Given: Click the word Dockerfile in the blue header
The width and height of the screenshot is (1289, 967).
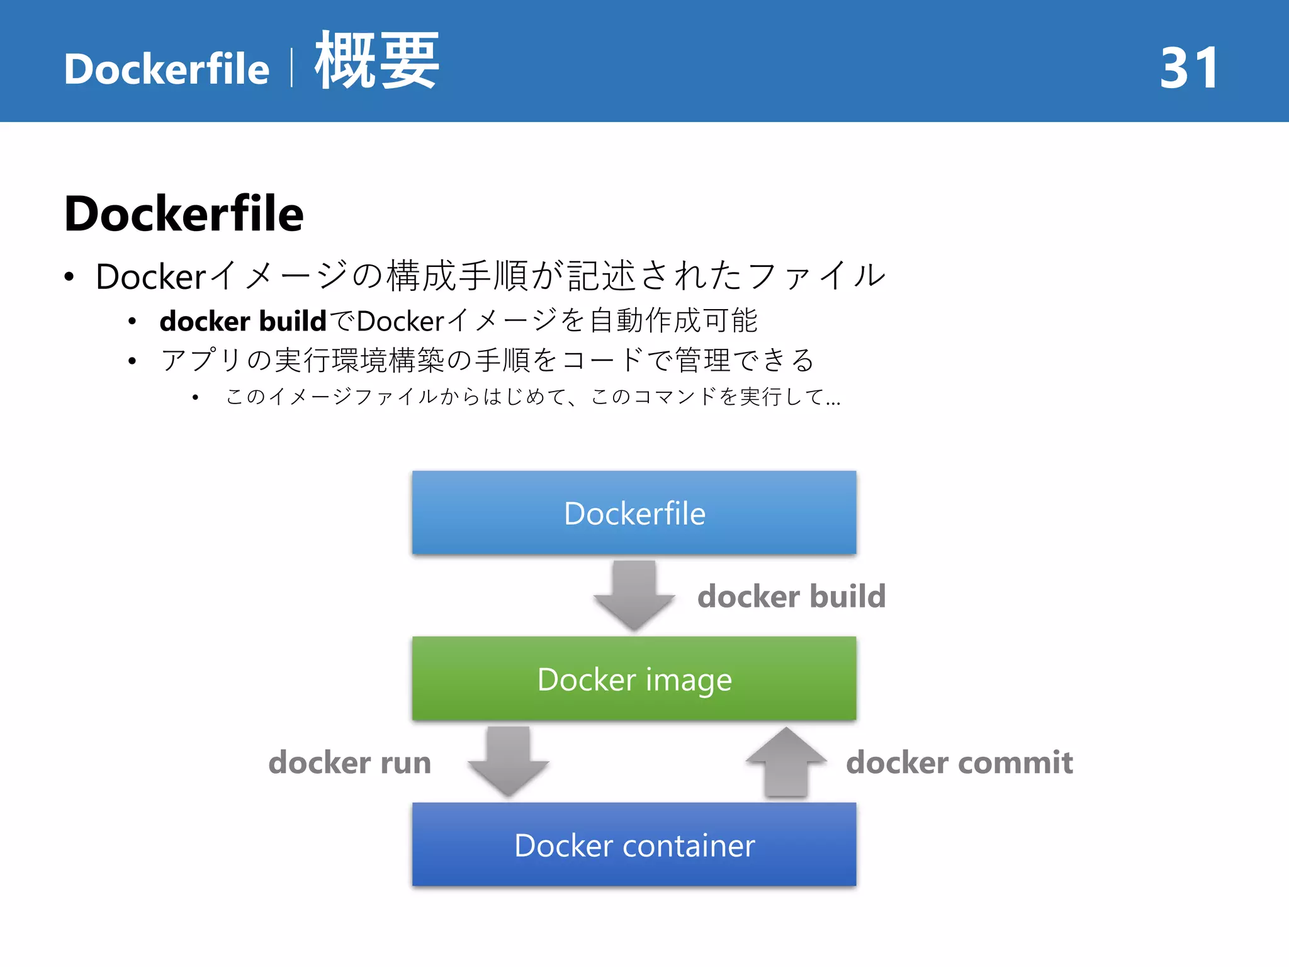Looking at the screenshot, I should (x=167, y=69).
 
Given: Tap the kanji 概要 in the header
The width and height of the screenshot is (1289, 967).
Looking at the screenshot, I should (x=376, y=61).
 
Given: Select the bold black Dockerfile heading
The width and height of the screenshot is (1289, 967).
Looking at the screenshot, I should (x=184, y=213).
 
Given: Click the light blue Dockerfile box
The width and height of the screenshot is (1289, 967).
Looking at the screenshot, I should (x=634, y=512).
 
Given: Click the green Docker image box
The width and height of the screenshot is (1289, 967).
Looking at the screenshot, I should (x=634, y=679).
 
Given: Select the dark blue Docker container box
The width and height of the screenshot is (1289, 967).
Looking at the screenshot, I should (x=634, y=844).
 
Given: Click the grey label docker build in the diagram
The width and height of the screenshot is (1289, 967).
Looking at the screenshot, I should (x=791, y=596).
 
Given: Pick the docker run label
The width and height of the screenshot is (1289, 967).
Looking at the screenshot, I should (x=350, y=762).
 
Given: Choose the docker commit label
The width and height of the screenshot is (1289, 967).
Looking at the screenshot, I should (x=959, y=762).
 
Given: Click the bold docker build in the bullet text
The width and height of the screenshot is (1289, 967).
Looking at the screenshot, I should (x=243, y=320).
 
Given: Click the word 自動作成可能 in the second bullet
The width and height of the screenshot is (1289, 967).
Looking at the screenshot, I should (x=673, y=320).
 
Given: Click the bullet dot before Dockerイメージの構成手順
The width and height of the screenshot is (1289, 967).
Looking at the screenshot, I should (x=69, y=276).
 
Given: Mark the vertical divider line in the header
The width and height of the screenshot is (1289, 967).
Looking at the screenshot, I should (x=291, y=68).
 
